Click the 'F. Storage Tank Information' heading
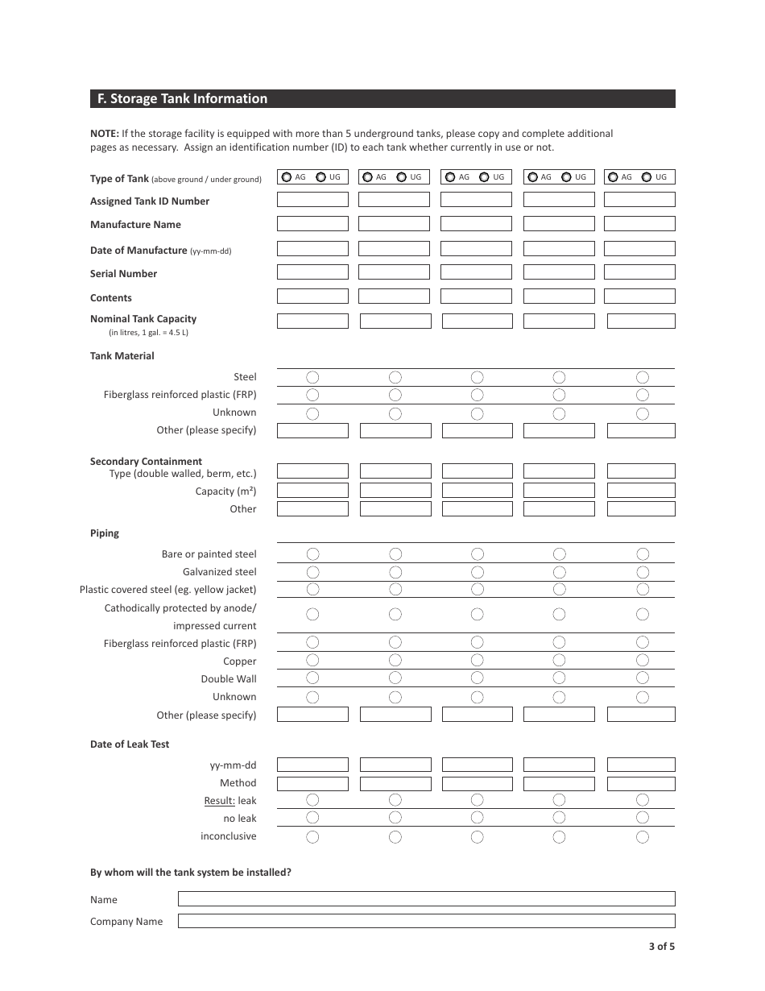point(182,99)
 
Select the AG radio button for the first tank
point(287,177)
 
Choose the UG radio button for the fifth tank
point(647,177)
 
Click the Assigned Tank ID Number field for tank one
point(312,200)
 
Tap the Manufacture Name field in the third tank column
point(476,224)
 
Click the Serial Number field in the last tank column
point(639,272)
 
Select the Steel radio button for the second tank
point(395,377)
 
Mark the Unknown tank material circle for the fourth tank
point(559,413)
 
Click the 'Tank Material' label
point(122,356)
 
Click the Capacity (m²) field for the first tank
point(312,491)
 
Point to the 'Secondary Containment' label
point(146,462)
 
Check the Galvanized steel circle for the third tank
point(477,572)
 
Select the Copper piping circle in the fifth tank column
point(642,661)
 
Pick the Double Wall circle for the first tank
point(312,678)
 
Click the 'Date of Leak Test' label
point(130,744)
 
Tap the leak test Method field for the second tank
point(395,783)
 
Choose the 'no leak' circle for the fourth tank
point(559,818)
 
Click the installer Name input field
point(426,899)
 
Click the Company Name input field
point(426,921)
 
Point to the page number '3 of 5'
point(661,947)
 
